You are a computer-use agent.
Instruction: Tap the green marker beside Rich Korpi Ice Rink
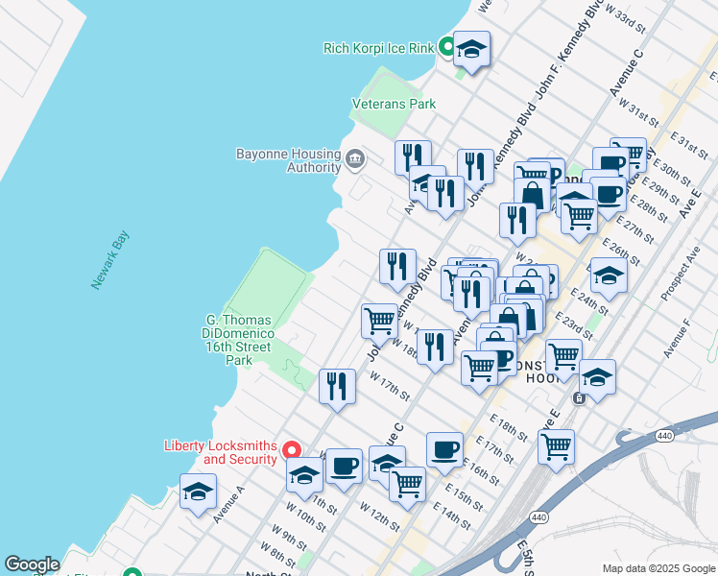point(447,45)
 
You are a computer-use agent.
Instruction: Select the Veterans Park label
point(394,104)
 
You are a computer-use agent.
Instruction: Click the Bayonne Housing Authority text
point(287,160)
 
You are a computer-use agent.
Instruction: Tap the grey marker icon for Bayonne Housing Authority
point(355,158)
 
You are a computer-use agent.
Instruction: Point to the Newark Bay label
point(110,260)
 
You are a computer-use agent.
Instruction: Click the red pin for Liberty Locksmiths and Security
point(298,449)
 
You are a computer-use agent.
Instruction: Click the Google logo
point(32,564)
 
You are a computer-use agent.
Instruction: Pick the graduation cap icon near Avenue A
point(198,493)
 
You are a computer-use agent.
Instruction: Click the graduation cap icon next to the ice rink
point(471,49)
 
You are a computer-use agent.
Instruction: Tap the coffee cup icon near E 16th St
point(444,449)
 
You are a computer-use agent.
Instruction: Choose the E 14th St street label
point(451,511)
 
